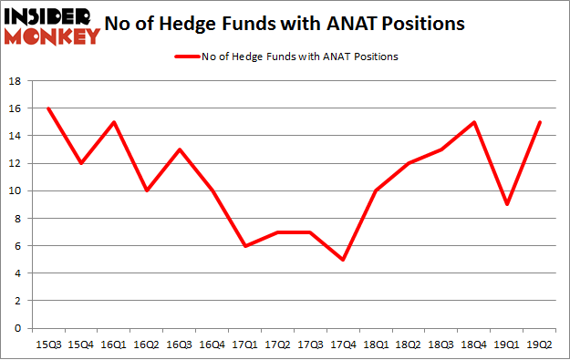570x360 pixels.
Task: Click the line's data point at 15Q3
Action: point(48,108)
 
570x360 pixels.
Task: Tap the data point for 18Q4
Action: point(472,122)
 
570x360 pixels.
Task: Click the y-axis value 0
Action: point(17,328)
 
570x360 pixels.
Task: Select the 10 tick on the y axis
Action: point(14,190)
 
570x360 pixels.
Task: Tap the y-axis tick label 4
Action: point(17,273)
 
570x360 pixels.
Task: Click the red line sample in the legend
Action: point(187,56)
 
